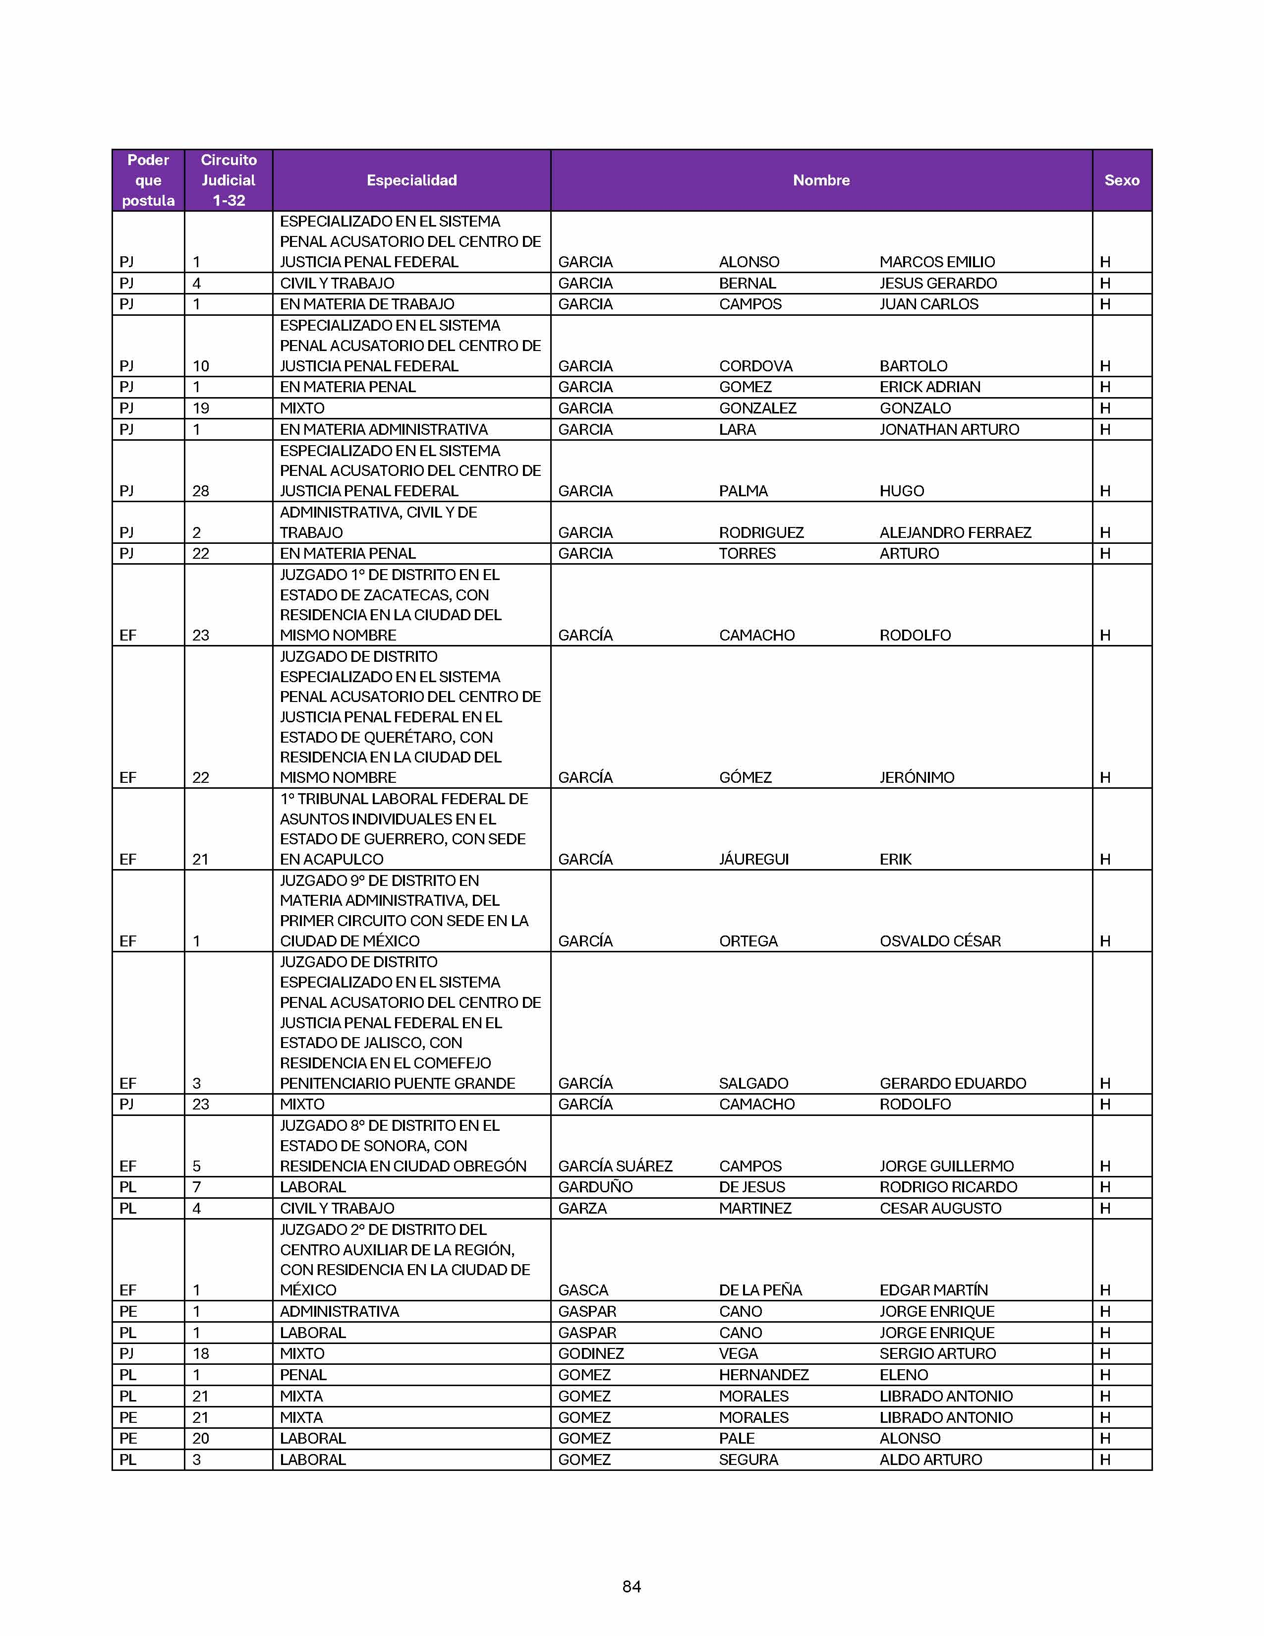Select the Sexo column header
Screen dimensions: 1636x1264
point(1121,180)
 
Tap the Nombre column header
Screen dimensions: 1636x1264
point(821,180)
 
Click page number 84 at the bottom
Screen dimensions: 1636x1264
point(631,1586)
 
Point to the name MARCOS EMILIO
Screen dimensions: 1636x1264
point(937,262)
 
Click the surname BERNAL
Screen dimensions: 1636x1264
point(747,283)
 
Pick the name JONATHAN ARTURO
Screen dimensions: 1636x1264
point(949,429)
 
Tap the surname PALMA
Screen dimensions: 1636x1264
point(743,491)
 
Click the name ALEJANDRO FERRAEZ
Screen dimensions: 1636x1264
point(955,532)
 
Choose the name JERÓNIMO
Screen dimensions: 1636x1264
point(917,777)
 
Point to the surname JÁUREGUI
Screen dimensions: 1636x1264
point(753,859)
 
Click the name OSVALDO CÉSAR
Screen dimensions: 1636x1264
point(940,941)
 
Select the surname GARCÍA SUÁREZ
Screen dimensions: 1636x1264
point(615,1167)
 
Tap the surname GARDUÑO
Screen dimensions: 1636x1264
point(595,1187)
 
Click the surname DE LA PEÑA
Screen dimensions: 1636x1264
point(760,1290)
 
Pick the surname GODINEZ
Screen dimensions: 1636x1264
point(591,1353)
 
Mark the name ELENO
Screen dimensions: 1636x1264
point(904,1375)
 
